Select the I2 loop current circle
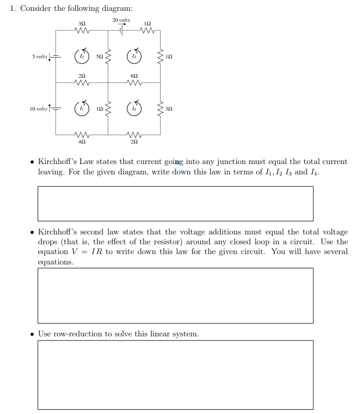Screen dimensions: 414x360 pos(82,56)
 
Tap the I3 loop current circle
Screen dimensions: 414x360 pos(134,56)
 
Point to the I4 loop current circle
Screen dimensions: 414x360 pos(134,109)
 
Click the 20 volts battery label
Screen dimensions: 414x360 pos(121,20)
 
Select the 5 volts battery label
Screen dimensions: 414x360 pos(39,56)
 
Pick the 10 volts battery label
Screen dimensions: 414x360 pos(38,109)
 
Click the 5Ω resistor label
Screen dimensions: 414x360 pos(99,56)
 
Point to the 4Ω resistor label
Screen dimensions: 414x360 pos(82,141)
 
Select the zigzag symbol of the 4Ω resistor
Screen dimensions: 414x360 pos(82,134)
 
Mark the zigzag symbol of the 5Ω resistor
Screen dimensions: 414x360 pos(108,56)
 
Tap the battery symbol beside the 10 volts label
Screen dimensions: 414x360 pos(55,109)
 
